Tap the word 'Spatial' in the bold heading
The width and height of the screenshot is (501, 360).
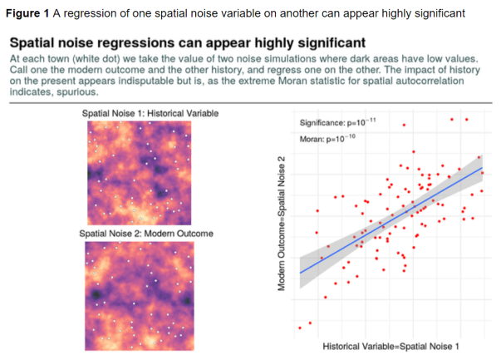[42, 42]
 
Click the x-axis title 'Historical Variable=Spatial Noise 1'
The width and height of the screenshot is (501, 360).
[391, 345]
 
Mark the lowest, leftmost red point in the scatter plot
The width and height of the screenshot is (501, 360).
[300, 327]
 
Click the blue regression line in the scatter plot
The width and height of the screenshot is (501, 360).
[390, 219]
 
